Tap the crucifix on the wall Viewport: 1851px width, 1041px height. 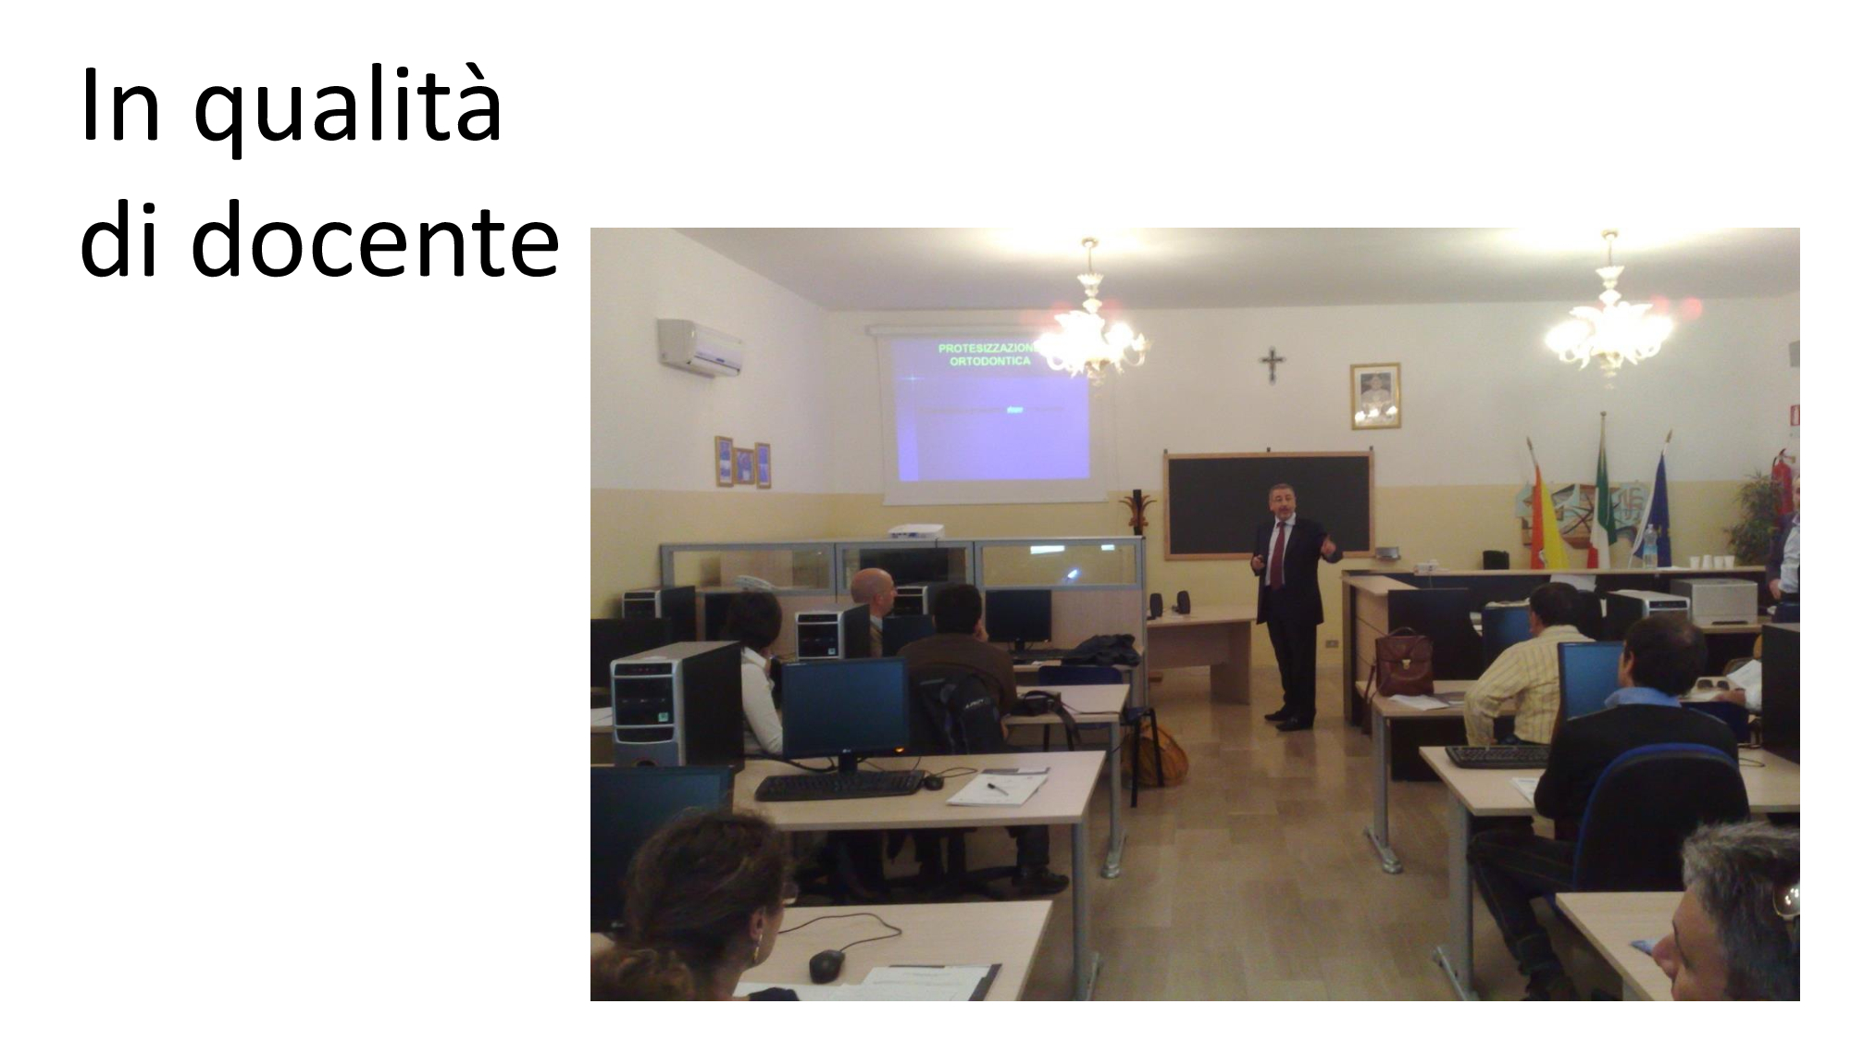coord(1273,366)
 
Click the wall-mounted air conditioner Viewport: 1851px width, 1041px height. coord(701,347)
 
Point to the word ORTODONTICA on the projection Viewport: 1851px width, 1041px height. coord(990,362)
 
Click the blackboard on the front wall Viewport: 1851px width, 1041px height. coord(1269,505)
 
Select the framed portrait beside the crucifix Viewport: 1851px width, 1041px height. coord(1375,396)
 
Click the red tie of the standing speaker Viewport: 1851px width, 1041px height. coord(1278,555)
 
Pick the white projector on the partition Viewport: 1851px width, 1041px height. coord(915,531)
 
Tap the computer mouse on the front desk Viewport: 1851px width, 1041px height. coord(826,967)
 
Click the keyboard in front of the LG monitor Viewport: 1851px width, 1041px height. coord(839,786)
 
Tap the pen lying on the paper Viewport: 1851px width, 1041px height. coord(997,787)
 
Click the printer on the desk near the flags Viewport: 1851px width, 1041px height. coord(1713,600)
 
